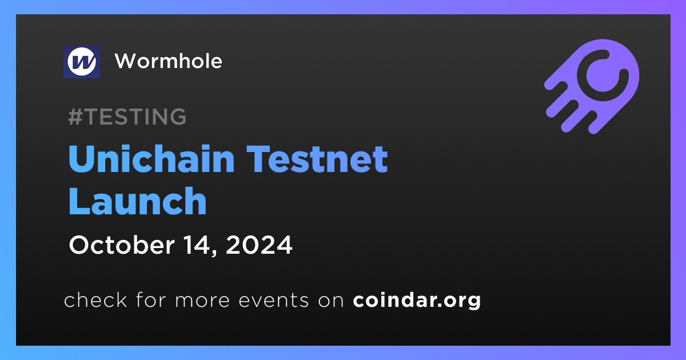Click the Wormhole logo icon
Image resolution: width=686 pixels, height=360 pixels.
(82, 62)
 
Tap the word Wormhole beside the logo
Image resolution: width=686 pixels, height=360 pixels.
(169, 61)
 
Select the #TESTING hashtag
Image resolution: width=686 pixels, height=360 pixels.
(127, 117)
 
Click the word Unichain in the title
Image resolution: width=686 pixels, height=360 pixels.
(151, 159)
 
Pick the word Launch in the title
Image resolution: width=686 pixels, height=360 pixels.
(138, 201)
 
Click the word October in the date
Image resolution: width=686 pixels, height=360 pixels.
(122, 245)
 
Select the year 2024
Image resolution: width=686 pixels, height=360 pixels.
(259, 245)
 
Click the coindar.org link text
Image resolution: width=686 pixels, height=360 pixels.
(417, 301)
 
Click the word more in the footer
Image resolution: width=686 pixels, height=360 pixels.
(202, 301)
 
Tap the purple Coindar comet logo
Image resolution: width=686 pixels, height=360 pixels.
(592, 86)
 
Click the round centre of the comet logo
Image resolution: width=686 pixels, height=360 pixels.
(603, 75)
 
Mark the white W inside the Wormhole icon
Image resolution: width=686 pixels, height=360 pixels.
(82, 62)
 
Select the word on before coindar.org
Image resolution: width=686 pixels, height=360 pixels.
(331, 301)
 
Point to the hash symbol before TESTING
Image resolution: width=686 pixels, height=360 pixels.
(75, 117)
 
